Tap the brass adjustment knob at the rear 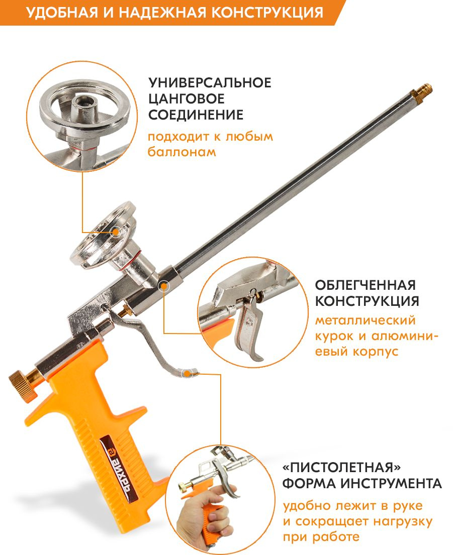click(23, 386)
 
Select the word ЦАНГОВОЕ click(187, 99)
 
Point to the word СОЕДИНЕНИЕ click(196, 115)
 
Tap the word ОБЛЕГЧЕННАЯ click(366, 285)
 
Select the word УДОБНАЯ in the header click(62, 13)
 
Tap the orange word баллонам click(182, 152)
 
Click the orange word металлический click(365, 320)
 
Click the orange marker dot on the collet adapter click(116, 232)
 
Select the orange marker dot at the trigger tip click(187, 373)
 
